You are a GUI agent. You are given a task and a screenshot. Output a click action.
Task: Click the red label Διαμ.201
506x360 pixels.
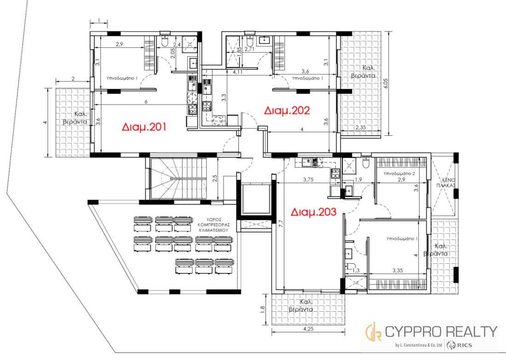[144, 127]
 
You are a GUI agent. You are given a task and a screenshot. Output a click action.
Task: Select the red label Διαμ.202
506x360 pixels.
[287, 110]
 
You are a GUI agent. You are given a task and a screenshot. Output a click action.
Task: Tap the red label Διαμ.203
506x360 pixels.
[313, 212]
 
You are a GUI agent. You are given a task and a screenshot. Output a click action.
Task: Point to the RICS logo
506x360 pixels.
[460, 345]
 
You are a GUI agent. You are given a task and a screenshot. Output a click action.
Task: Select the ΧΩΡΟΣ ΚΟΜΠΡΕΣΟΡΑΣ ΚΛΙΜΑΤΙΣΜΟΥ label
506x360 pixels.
[213, 225]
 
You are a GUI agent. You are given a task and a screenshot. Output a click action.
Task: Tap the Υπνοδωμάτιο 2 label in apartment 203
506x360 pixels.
[399, 174]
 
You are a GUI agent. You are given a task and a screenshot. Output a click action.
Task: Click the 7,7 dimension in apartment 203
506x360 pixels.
[281, 223]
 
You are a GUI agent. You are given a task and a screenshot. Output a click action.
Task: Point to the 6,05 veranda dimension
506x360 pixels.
[386, 83]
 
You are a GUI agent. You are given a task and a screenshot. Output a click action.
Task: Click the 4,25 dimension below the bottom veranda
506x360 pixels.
[309, 329]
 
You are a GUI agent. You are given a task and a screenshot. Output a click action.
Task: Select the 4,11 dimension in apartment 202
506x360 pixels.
[237, 72]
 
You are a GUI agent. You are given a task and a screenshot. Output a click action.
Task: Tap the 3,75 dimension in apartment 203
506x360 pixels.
[308, 180]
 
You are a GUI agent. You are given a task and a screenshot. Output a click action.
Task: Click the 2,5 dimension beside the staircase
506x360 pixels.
[215, 178]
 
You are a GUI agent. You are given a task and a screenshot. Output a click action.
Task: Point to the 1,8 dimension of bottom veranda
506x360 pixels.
[262, 309]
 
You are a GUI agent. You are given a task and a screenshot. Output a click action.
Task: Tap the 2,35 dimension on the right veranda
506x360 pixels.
[361, 127]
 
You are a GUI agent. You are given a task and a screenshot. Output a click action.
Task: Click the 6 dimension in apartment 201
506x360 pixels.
[146, 101]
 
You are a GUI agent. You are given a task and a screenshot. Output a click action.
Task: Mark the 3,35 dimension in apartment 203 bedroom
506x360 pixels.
[397, 271]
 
